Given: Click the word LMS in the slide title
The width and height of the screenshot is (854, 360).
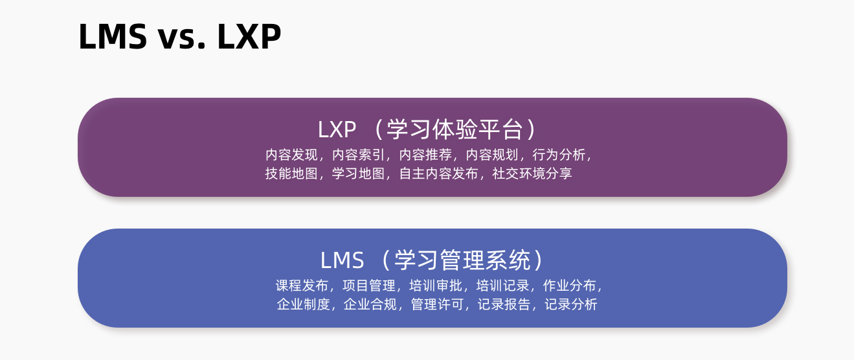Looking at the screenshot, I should coord(112,38).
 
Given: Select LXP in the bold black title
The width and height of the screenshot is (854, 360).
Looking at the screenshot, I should coord(249,38).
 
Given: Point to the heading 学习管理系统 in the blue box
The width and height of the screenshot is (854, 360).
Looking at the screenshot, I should coord(462,260).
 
